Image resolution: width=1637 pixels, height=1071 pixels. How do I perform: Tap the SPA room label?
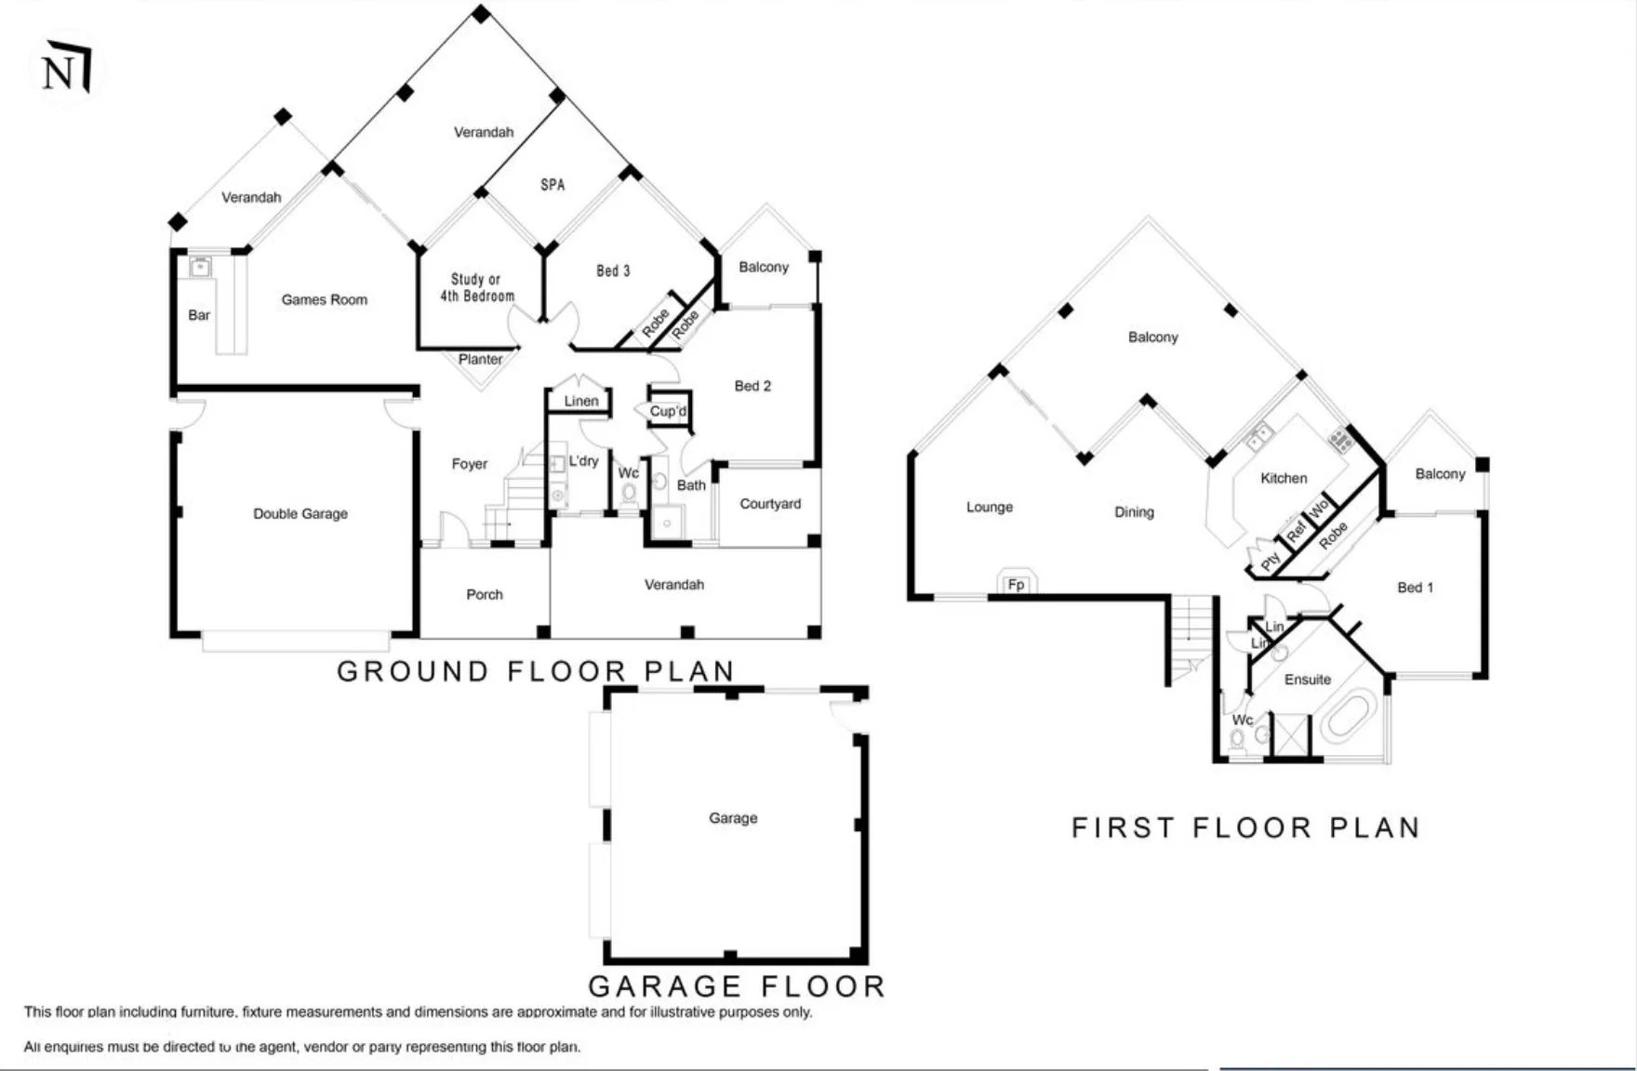coord(552,185)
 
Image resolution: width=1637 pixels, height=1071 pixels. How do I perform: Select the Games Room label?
coord(325,299)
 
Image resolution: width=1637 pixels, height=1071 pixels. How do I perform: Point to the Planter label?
coord(481,359)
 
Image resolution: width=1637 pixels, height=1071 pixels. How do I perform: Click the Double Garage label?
coord(300,513)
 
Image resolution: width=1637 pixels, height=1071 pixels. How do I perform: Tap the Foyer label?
coord(470,464)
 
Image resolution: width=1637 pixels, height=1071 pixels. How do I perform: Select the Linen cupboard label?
coord(581,401)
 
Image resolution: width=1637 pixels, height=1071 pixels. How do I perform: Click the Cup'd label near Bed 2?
coord(668,411)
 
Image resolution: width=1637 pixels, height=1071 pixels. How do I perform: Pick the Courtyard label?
coord(770,504)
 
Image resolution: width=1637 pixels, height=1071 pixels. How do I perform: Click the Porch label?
coord(485,594)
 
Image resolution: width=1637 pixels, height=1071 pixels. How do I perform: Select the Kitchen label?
coord(1284,478)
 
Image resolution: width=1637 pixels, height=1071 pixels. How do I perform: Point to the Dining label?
coord(1134,512)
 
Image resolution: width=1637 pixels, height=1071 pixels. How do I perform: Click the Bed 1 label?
coord(1416,588)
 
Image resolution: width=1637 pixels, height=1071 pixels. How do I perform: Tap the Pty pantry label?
coord(1271,562)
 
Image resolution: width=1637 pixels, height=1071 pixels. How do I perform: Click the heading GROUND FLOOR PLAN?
coord(537,670)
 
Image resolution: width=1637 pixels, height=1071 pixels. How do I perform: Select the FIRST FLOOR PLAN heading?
coord(1246,827)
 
